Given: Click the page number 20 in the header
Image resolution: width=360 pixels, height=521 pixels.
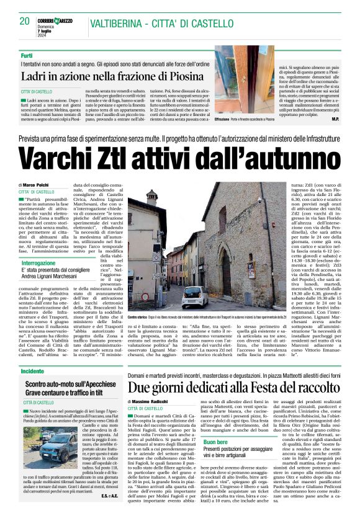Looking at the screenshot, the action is pyautogui.click(x=25, y=21).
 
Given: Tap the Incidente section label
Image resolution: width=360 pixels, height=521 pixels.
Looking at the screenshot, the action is pyautogui.click(x=32, y=370).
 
